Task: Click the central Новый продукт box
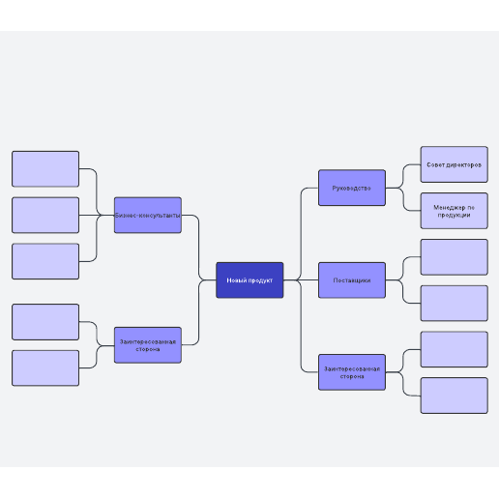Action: [x=249, y=280]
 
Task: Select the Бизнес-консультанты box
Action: [x=148, y=215]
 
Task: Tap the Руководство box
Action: [x=352, y=188]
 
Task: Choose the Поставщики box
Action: [x=352, y=280]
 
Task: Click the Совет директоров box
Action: [x=455, y=164]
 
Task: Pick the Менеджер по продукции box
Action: [x=455, y=211]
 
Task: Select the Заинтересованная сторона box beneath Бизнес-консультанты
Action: [x=148, y=345]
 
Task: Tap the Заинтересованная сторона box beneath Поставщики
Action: [x=352, y=372]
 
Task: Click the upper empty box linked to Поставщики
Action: [x=455, y=257]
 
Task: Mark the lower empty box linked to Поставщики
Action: [x=455, y=304]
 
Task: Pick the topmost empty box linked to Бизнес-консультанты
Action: [x=45, y=169]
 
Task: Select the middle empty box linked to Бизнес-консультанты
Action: [x=45, y=215]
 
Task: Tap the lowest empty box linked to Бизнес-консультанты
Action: [x=45, y=261]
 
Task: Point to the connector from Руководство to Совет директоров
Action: [x=403, y=176]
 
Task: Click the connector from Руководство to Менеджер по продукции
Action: [x=403, y=199]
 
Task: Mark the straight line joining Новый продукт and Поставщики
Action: [x=301, y=280]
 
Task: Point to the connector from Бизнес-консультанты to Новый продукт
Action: [x=199, y=248]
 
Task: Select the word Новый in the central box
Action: [x=234, y=280]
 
